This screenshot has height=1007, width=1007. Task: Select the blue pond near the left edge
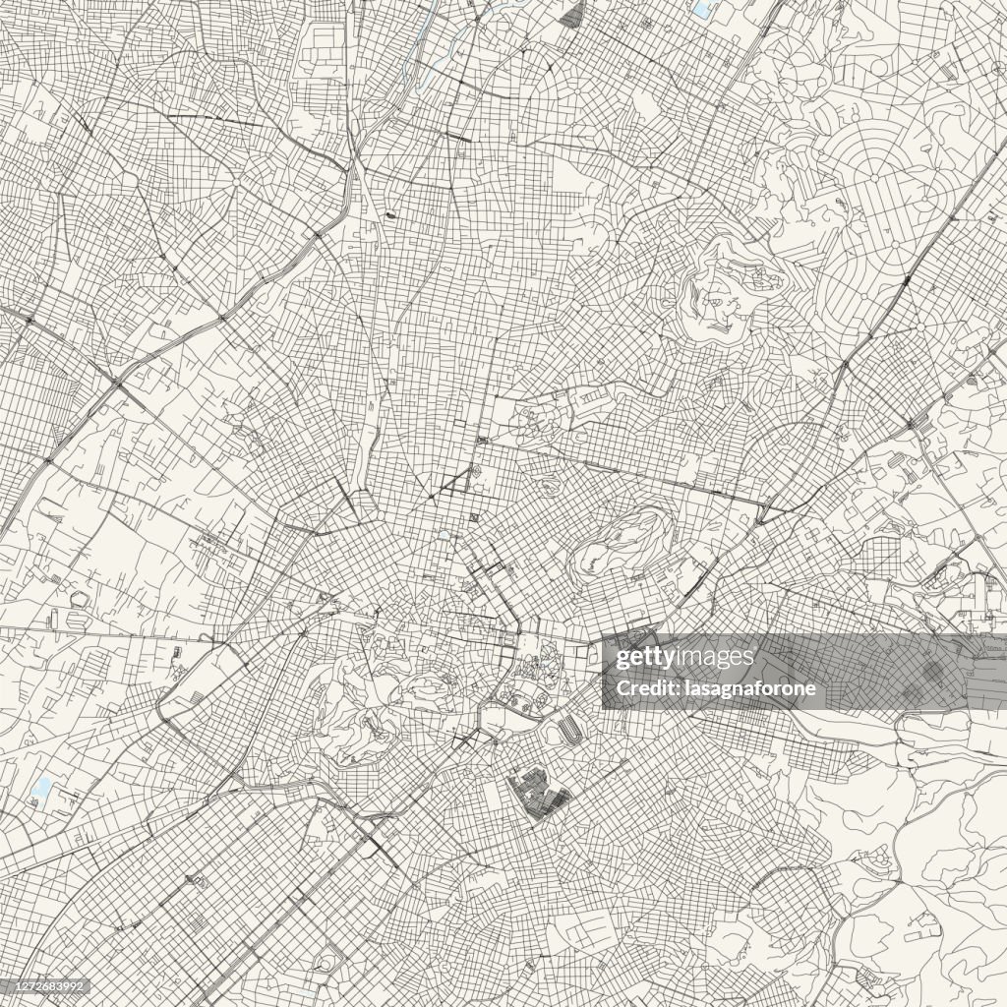(42, 787)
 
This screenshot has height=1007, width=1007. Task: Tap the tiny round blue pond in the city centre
(445, 537)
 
